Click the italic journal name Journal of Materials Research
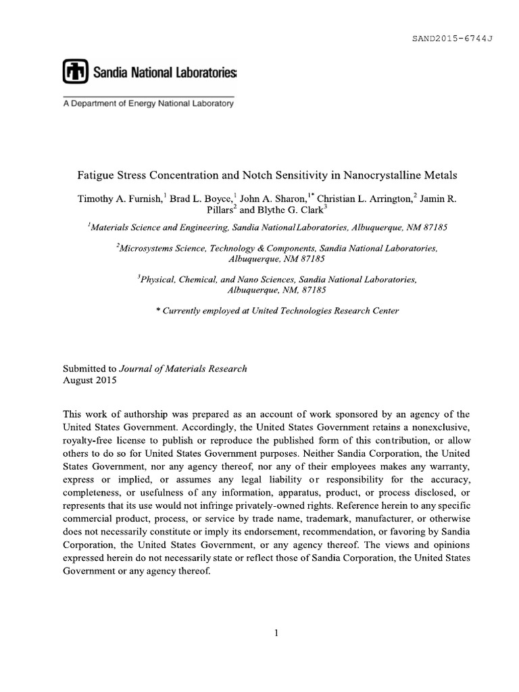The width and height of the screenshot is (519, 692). point(183,369)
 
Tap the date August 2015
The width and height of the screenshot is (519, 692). point(90,380)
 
